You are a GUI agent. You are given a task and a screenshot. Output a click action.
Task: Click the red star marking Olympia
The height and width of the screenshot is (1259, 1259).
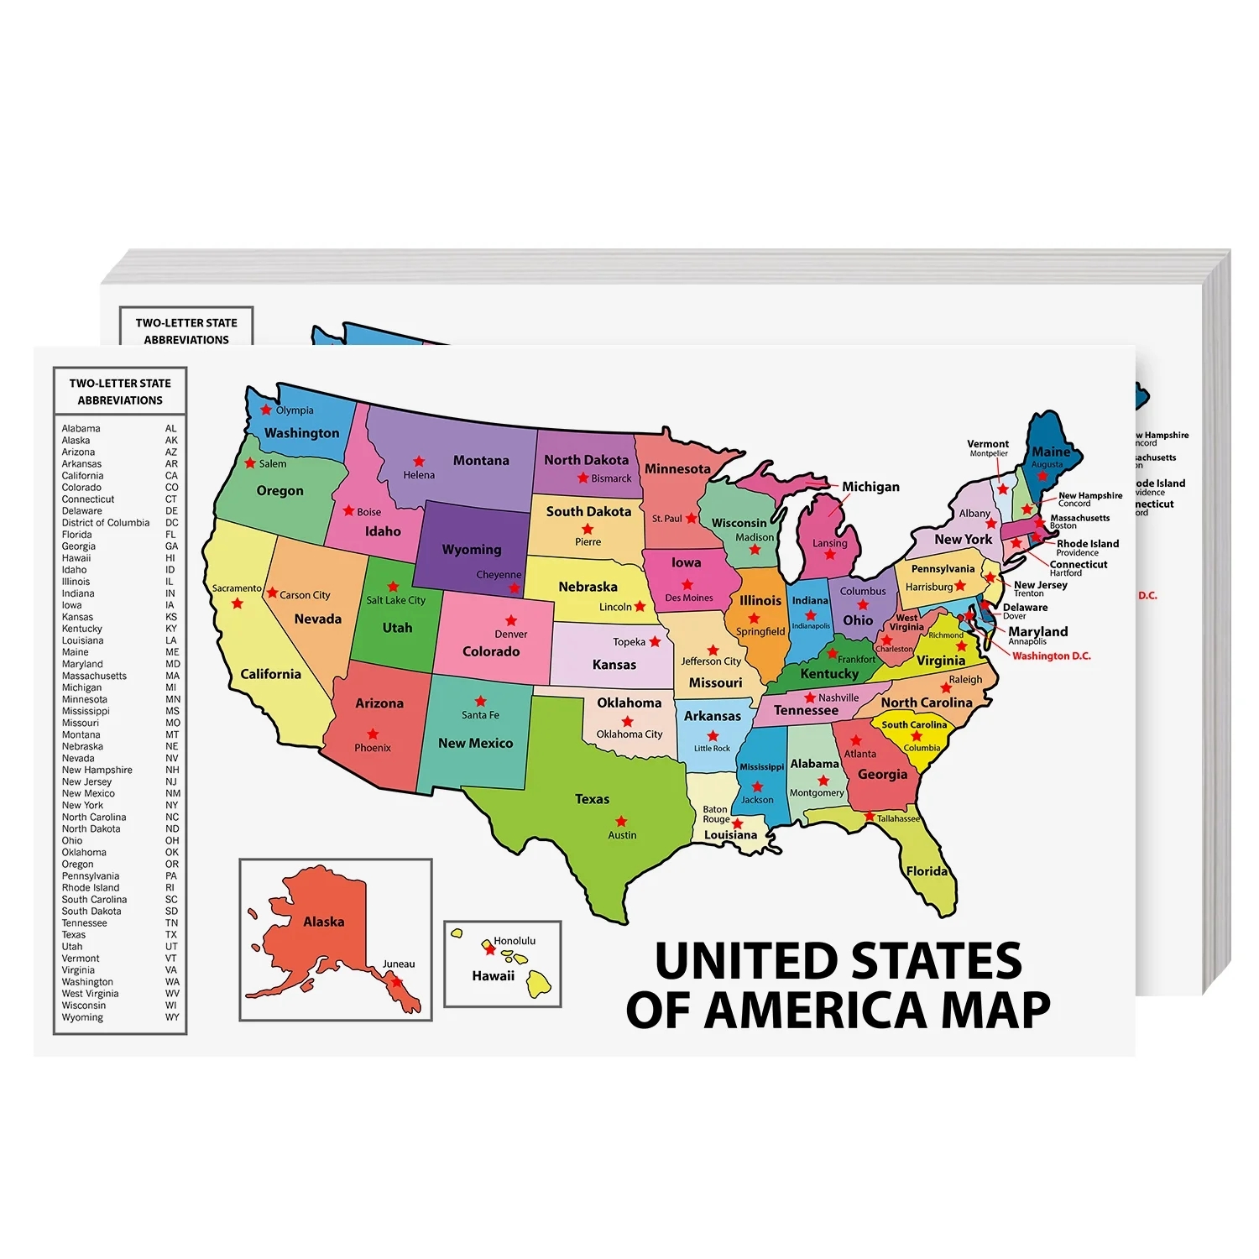[x=266, y=410]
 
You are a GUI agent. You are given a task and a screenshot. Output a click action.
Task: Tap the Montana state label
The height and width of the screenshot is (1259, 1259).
[x=481, y=460]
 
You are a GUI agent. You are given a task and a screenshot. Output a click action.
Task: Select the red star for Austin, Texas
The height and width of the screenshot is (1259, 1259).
[x=621, y=822]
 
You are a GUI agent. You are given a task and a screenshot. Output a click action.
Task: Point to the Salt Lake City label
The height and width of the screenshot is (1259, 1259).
[x=395, y=600]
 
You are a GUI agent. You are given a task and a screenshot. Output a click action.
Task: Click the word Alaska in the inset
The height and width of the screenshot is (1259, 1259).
[x=324, y=922]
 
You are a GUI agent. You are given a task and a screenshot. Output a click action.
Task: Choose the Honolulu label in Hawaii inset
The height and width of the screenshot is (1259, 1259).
[x=515, y=941]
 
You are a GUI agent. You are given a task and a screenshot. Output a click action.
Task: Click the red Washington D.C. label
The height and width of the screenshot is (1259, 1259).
[x=1052, y=656]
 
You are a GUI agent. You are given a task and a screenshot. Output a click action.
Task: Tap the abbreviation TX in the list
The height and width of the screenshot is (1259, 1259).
[x=171, y=934]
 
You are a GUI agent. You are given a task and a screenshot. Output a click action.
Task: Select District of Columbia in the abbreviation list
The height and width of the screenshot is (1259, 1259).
[x=106, y=522]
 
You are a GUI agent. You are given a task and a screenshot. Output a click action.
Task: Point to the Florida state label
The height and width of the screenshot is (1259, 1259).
[x=927, y=871]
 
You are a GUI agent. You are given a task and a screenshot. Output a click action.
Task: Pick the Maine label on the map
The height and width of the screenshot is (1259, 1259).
[x=1051, y=452]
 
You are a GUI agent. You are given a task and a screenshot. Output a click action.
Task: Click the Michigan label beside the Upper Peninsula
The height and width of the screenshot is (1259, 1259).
[x=870, y=487]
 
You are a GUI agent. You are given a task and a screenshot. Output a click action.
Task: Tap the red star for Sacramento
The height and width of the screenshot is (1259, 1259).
[x=238, y=603]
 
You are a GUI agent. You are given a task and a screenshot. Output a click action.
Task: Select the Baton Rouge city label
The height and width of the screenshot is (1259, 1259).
[x=716, y=814]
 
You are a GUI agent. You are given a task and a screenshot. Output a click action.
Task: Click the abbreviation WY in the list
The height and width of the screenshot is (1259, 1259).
[x=172, y=1017]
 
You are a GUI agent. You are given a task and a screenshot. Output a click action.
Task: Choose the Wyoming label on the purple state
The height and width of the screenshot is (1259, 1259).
[x=472, y=550]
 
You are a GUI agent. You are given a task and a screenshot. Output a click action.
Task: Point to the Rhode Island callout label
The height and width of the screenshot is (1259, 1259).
[x=1088, y=544]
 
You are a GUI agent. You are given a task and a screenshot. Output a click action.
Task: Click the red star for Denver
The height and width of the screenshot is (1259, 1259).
[x=511, y=621]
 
